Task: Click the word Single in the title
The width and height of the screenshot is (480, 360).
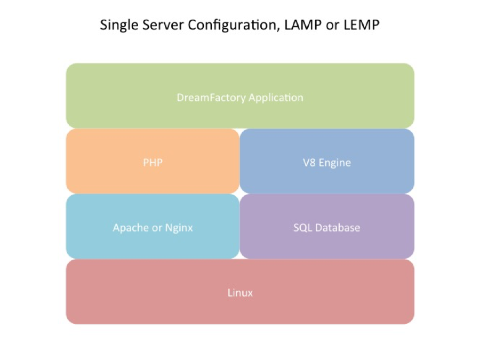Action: [117, 25]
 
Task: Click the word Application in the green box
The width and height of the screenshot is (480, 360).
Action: [276, 98]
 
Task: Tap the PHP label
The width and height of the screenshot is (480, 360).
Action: [153, 163]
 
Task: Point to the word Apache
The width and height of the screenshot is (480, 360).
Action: [131, 228]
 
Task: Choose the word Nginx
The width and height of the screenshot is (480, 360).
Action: [178, 228]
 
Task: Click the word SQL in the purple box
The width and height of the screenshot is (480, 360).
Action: [302, 228]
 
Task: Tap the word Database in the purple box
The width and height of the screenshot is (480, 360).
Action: [337, 228]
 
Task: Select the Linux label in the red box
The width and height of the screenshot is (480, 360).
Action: [240, 293]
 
